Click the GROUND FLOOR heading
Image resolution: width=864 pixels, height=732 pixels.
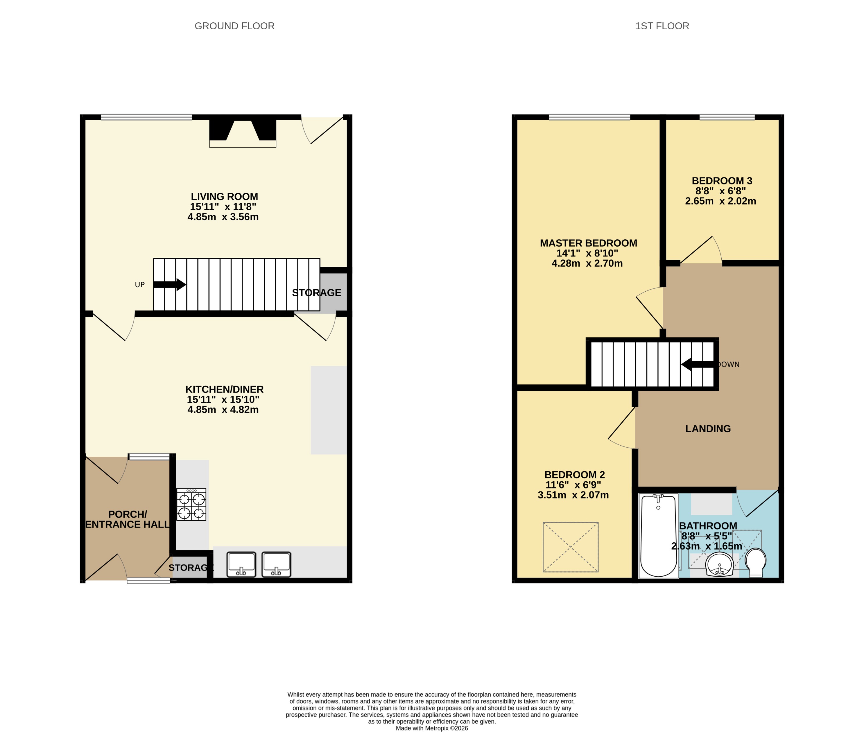tap(234, 26)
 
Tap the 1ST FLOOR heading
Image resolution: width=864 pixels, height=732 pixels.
tap(662, 26)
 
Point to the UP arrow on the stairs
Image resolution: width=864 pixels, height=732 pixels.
tap(169, 285)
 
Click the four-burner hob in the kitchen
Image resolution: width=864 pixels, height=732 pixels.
tap(191, 504)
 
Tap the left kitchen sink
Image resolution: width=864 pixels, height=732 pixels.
tap(241, 564)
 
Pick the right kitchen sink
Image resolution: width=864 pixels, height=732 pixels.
tap(276, 564)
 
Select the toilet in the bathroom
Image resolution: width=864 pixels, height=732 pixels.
tap(756, 562)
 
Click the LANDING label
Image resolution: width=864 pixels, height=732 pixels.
tap(708, 429)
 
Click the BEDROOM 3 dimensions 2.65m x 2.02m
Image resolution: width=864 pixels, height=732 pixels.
tap(720, 201)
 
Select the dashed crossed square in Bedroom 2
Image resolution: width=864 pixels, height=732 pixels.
tap(571, 547)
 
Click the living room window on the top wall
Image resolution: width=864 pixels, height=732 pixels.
tap(146, 117)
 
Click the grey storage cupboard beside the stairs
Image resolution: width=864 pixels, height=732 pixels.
tap(333, 292)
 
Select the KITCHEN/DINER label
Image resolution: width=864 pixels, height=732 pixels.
tap(224, 389)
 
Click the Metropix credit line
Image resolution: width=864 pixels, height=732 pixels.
tap(432, 728)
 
